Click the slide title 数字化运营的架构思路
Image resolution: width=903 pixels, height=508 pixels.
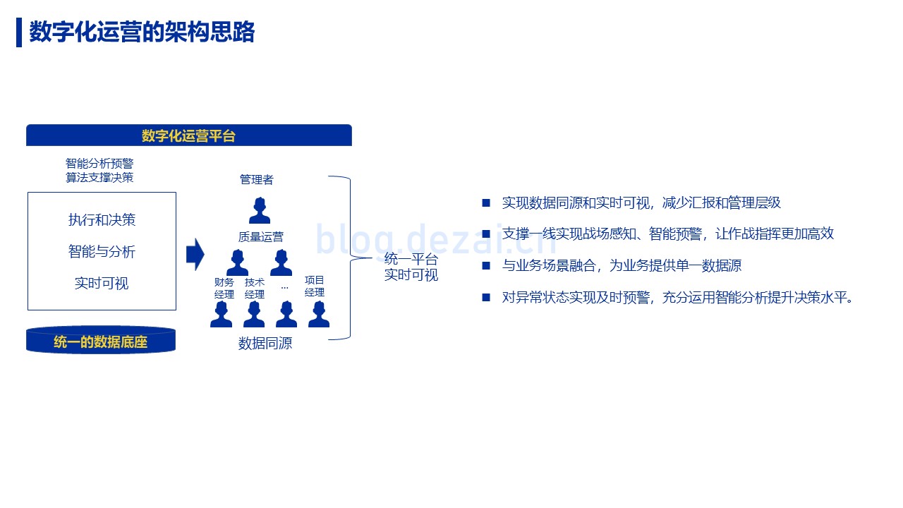142,32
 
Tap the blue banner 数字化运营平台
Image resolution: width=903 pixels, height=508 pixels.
188,135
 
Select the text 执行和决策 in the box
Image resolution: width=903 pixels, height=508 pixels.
102,219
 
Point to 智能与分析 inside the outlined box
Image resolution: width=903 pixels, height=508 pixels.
102,252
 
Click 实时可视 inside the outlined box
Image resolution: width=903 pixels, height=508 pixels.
102,284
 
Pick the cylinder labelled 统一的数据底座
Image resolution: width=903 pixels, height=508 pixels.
101,341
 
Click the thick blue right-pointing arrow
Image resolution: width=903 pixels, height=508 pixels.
195,255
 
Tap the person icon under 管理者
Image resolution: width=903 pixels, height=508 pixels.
260,210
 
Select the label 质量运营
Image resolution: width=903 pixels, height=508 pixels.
261,236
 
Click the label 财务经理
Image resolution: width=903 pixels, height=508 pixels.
224,289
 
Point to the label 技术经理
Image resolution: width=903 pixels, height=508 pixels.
255,289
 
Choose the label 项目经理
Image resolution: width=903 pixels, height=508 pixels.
315,286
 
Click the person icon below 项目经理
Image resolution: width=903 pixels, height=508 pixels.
319,314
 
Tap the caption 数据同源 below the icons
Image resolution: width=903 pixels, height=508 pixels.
265,344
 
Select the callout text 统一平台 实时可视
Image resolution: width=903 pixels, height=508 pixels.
411,267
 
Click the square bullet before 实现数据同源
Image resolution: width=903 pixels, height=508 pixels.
486,202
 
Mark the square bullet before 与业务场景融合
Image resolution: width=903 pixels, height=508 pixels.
486,266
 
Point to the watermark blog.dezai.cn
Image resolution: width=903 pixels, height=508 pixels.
436,241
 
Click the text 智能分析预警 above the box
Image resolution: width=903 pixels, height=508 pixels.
99,163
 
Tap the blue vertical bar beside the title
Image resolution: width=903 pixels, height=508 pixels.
19,32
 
